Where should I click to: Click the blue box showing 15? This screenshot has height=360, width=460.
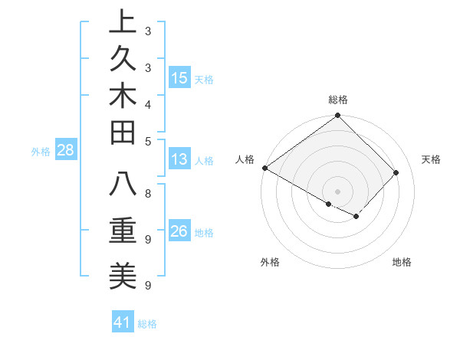[179, 78]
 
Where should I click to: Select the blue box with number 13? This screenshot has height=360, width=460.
[179, 160]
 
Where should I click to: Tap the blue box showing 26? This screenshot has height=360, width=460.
[179, 232]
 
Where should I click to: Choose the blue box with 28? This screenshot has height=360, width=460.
[66, 150]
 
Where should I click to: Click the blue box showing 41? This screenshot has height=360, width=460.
[123, 322]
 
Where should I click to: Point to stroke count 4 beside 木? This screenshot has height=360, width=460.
[148, 104]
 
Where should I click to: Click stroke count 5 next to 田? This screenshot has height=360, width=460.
[148, 141]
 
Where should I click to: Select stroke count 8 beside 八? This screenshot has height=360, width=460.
[148, 193]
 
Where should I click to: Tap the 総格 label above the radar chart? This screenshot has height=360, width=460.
[338, 100]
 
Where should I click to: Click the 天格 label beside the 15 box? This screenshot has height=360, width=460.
[204, 79]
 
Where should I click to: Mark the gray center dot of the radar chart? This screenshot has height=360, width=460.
[338, 191]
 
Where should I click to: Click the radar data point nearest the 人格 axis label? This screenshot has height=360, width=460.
[265, 168]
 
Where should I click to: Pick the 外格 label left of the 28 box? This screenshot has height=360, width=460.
[41, 152]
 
